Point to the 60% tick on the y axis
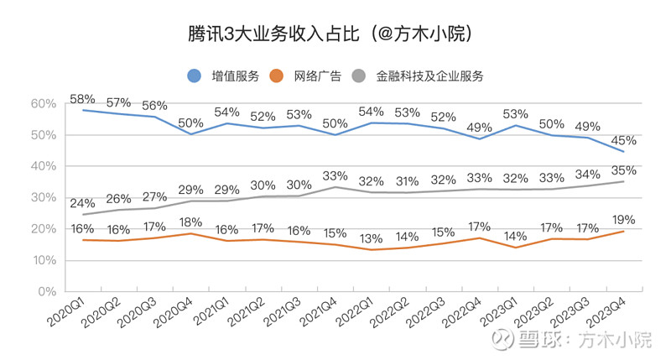point(43,104)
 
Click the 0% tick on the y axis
point(46,292)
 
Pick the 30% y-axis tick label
point(43,198)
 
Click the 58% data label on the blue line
point(82,99)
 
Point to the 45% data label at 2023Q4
point(622,139)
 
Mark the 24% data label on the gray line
point(82,202)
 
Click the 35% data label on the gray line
point(622,170)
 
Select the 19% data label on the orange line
point(622,219)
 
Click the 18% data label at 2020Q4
point(190,222)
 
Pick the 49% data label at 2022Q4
point(479,127)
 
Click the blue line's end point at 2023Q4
point(623,152)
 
